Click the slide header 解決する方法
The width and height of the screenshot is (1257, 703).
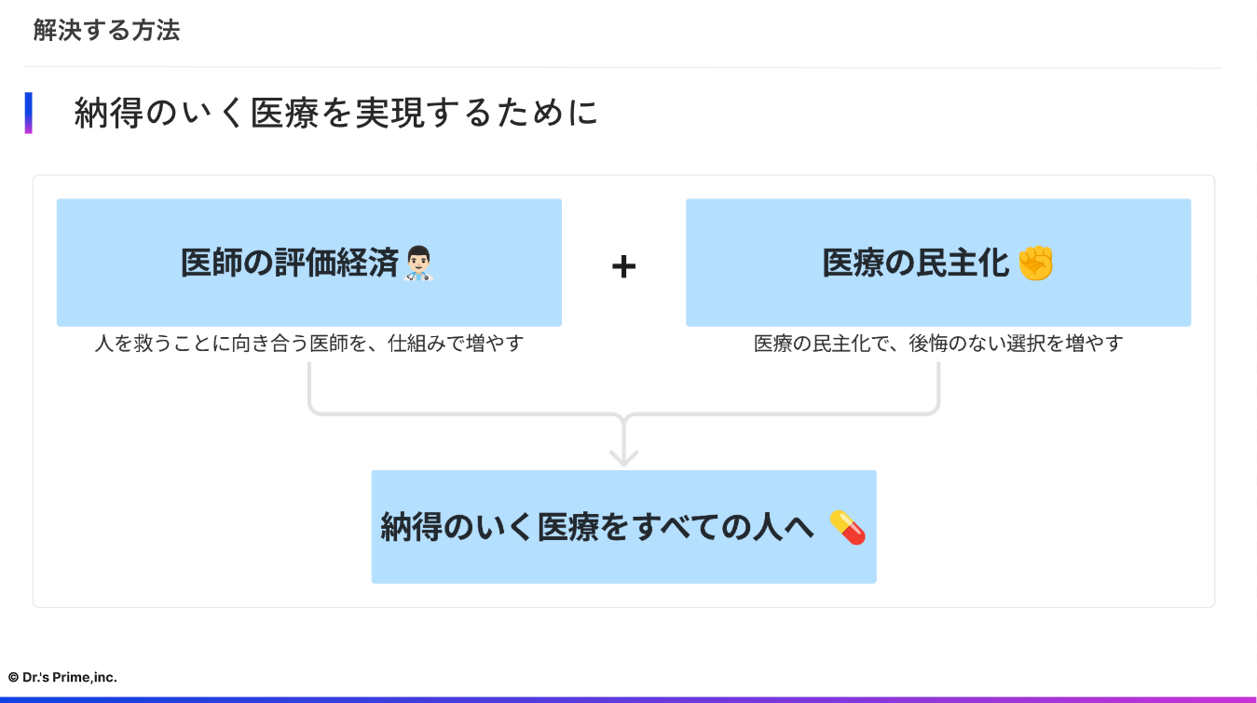tap(106, 31)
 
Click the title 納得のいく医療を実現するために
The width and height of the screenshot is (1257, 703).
tap(336, 114)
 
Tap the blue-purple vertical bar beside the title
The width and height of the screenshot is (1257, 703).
tap(29, 113)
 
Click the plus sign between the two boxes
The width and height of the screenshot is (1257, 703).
tap(623, 267)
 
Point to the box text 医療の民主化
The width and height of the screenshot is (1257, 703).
tap(916, 264)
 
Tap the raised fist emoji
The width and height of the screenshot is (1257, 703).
tap(1035, 264)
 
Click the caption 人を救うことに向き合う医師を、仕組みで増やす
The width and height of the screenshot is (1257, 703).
tap(309, 344)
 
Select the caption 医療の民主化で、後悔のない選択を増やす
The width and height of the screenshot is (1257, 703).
tap(938, 344)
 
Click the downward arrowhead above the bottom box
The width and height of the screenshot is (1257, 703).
tap(623, 455)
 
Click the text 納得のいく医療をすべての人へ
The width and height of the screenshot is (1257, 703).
tap(597, 527)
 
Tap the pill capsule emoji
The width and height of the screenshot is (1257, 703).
tap(847, 527)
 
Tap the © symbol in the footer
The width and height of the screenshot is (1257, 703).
tap(14, 678)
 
